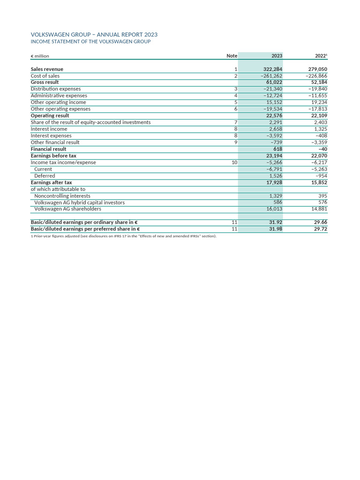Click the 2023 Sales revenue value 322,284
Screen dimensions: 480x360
click(x=272, y=69)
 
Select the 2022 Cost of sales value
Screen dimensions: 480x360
click(x=316, y=76)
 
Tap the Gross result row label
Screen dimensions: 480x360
click(x=45, y=82)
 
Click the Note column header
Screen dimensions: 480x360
click(x=232, y=56)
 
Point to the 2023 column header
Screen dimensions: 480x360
click(x=277, y=56)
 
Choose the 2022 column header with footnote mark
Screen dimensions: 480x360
click(x=321, y=56)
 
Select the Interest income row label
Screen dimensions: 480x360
click(x=49, y=129)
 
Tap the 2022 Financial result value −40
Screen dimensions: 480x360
click(x=322, y=149)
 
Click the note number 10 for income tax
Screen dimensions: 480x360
click(x=234, y=163)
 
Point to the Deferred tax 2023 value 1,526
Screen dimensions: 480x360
click(x=276, y=176)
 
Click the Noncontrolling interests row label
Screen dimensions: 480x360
click(x=62, y=196)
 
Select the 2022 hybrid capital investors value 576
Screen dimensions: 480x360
click(x=322, y=202)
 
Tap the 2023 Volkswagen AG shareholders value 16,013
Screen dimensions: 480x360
click(x=274, y=209)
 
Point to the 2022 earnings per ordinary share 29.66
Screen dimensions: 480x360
click(x=321, y=222)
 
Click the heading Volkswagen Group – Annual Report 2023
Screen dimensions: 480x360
click(x=94, y=35)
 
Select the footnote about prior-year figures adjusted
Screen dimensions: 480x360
click(x=123, y=236)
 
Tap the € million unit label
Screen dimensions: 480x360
click(x=40, y=56)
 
